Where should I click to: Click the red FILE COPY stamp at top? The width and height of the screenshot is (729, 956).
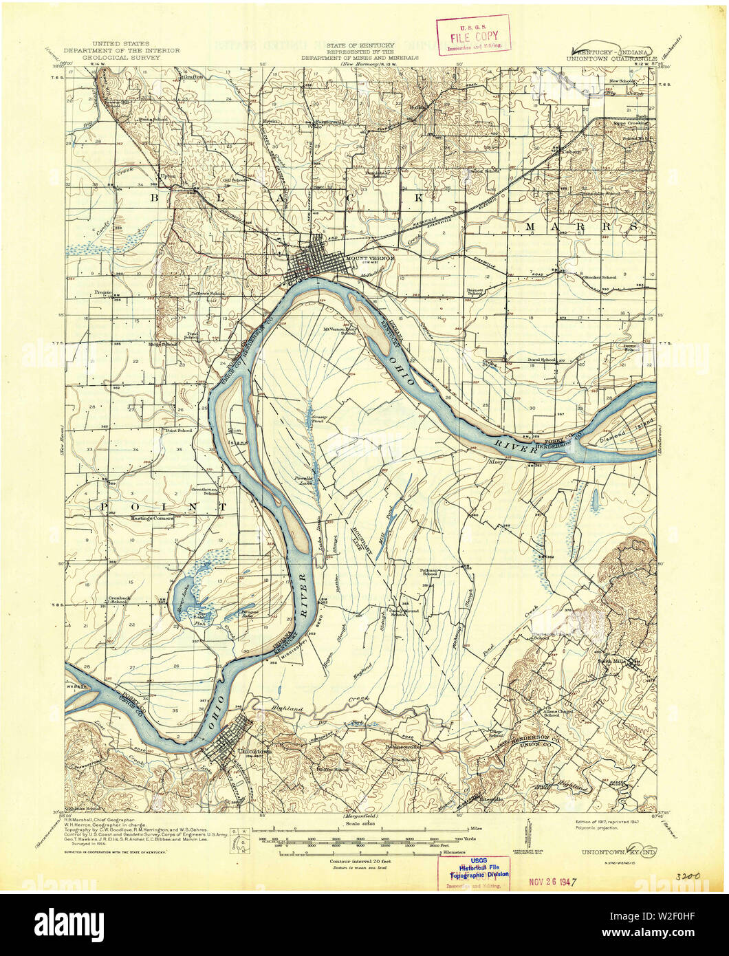pos(473,34)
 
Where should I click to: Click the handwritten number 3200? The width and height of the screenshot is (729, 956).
pos(687,877)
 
